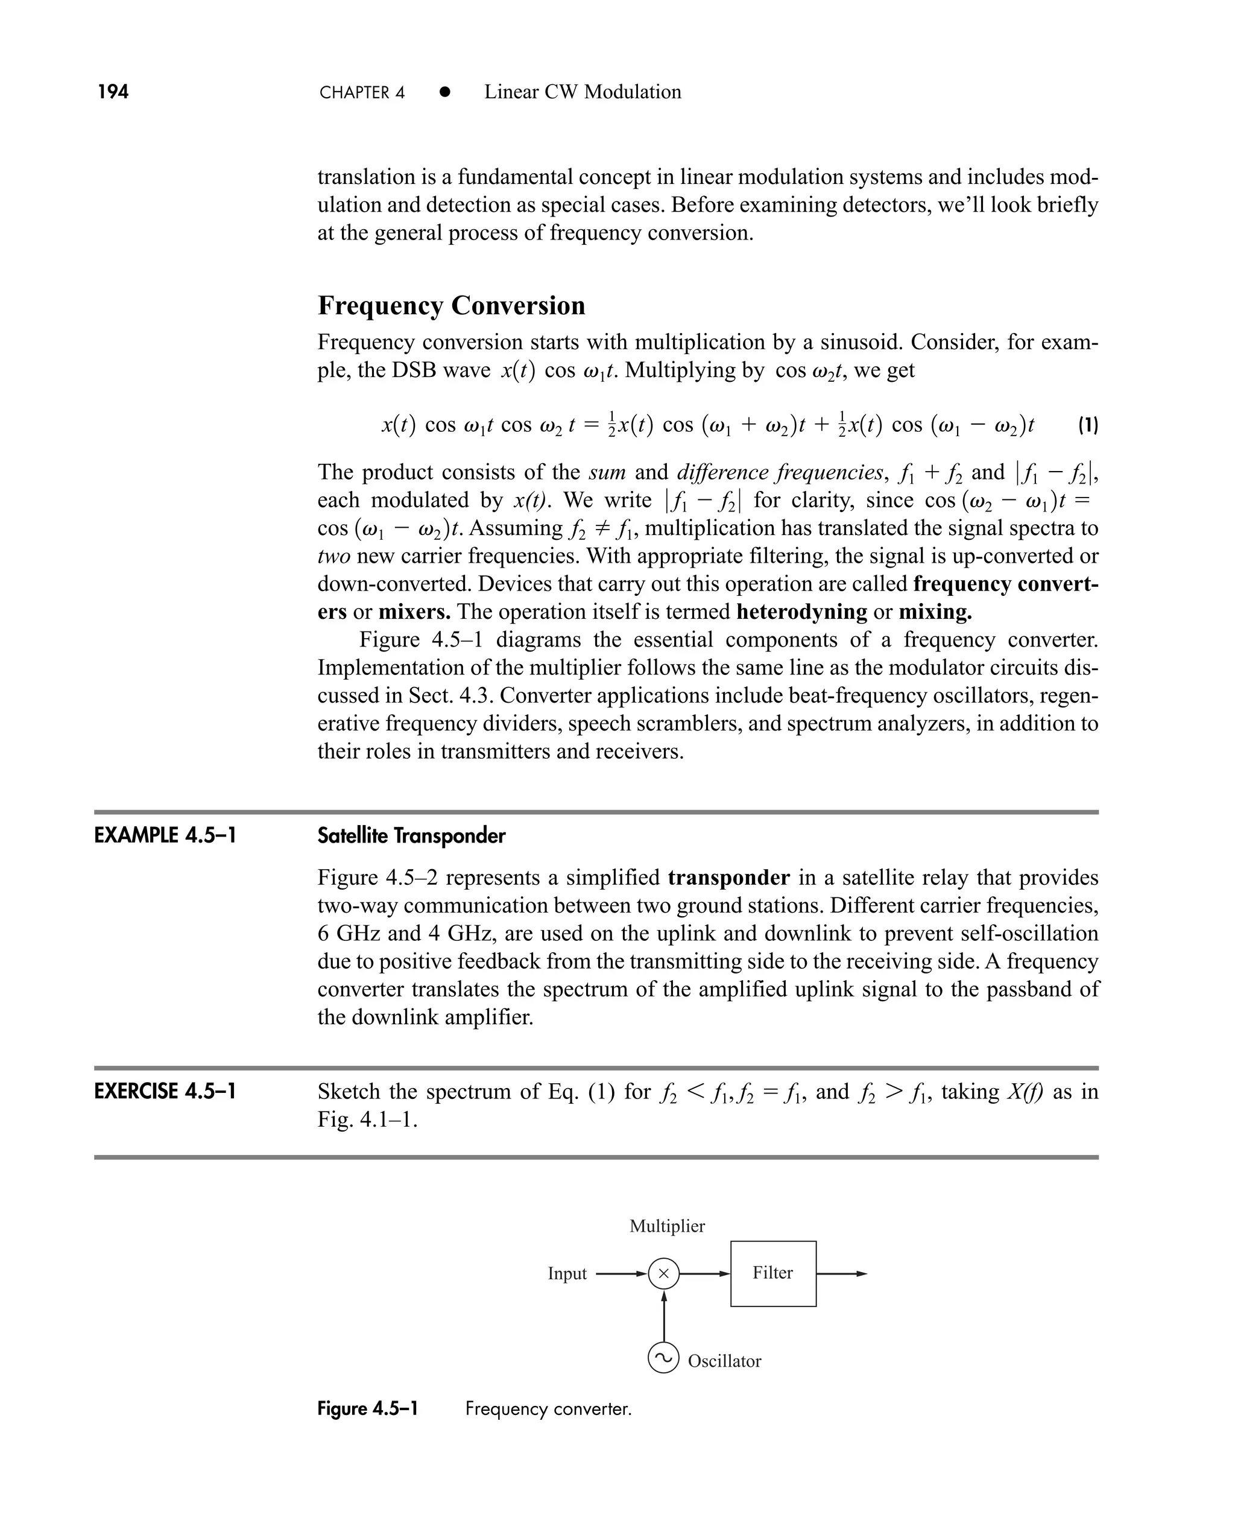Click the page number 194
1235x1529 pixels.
click(113, 92)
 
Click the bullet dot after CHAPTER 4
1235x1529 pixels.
click(444, 92)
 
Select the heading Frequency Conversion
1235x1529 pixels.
click(451, 305)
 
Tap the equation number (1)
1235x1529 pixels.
click(1088, 425)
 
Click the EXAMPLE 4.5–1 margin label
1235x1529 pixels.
click(165, 835)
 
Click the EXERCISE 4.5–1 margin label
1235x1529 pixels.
click(165, 1092)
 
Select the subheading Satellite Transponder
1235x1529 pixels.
click(411, 835)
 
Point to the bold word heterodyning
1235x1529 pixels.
click(802, 612)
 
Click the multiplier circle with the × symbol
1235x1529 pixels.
click(664, 1274)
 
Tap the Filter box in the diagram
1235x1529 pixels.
click(773, 1274)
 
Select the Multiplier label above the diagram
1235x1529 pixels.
click(668, 1226)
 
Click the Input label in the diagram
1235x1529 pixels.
click(567, 1274)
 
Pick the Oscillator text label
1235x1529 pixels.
click(724, 1361)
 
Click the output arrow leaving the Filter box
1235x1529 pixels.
click(843, 1274)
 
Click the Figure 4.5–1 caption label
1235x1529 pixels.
click(367, 1409)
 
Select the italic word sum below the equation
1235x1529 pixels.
click(607, 472)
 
